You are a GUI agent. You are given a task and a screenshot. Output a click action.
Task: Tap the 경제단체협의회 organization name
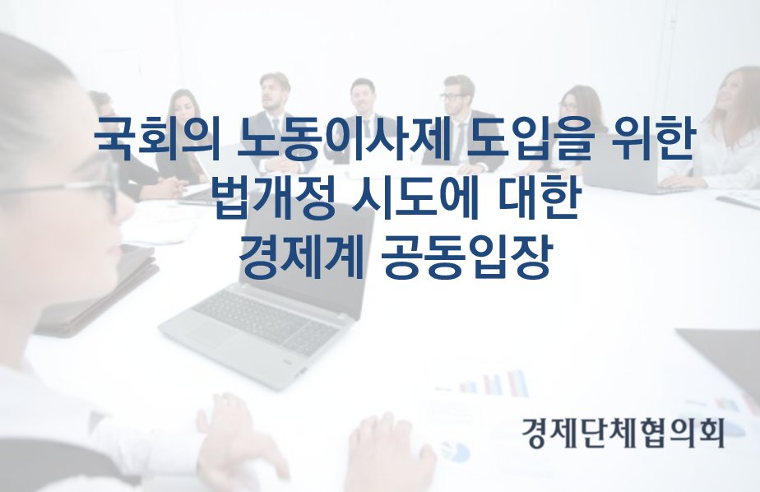coord(623,431)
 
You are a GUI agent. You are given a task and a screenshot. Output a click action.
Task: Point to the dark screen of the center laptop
coord(310,257)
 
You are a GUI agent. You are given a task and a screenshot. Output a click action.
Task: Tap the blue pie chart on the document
coord(456,451)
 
